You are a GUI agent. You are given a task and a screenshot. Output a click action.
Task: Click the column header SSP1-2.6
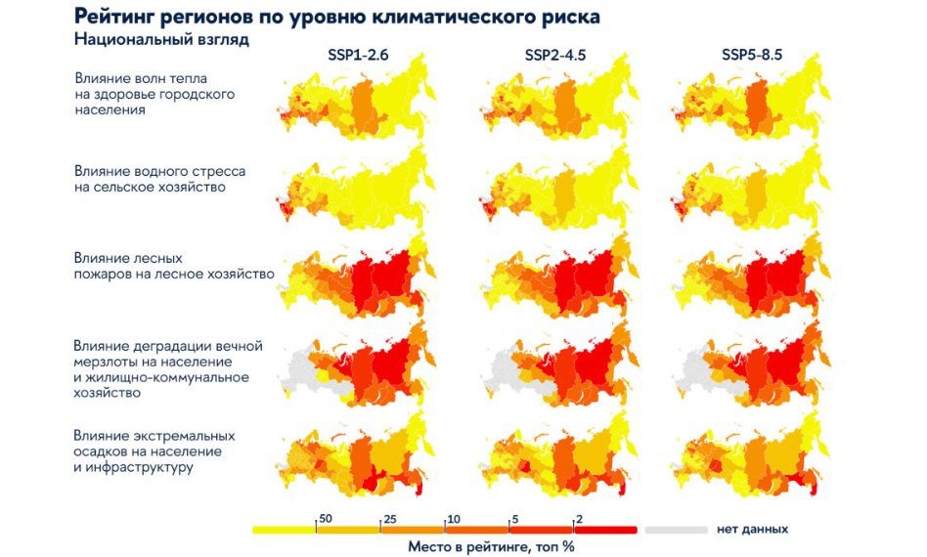point(358,56)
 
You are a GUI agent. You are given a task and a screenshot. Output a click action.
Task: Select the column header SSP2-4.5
point(554,56)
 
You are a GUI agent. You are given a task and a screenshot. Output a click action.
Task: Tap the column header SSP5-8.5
point(751,56)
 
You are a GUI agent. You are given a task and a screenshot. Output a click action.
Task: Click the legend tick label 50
point(326,518)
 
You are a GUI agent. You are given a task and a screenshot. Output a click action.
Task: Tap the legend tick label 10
point(455,518)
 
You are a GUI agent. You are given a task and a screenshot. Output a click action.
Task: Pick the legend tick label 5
point(516,518)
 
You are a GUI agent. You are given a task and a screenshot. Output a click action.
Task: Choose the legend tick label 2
point(579,518)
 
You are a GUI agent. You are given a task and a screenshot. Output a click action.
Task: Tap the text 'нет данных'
point(752,530)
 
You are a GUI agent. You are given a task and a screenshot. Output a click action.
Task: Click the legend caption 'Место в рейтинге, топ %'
point(491,547)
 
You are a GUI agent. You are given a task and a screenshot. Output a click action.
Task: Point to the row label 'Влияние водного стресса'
point(159,171)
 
